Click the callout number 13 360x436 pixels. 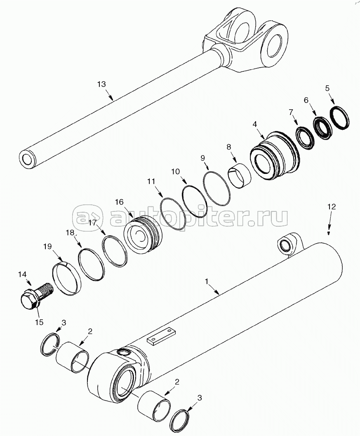(102, 84)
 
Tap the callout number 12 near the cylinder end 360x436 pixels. (332, 206)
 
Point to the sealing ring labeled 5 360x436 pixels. (340, 118)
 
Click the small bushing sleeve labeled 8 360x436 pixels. (240, 171)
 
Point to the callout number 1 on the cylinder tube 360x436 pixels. (207, 281)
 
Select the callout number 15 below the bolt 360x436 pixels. (39, 322)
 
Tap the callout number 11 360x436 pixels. (151, 182)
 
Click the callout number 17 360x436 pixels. (93, 223)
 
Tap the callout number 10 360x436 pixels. (176, 171)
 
